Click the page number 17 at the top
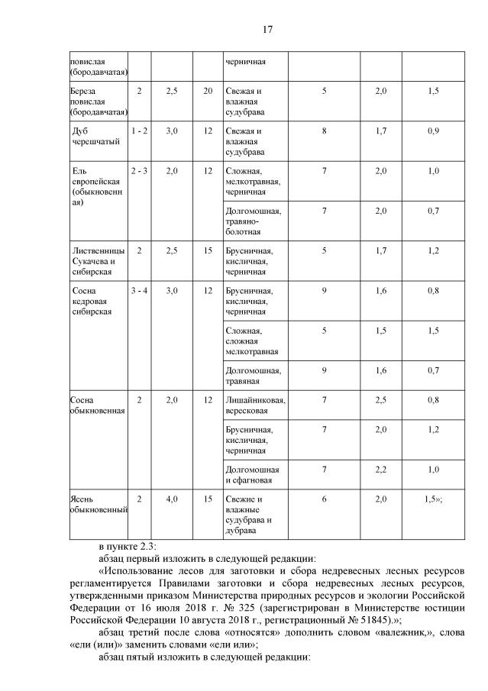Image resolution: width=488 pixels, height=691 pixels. (267, 30)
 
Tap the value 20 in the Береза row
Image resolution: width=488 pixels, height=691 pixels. (208, 91)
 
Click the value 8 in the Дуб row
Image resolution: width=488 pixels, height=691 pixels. (324, 131)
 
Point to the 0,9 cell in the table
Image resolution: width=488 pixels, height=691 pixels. (433, 131)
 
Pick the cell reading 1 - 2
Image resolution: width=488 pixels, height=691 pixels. (139, 131)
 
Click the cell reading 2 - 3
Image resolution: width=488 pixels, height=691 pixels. (139, 171)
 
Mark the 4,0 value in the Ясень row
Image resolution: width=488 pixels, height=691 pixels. (172, 499)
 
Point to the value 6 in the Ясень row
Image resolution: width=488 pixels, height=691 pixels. (324, 499)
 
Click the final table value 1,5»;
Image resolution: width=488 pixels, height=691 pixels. (435, 499)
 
